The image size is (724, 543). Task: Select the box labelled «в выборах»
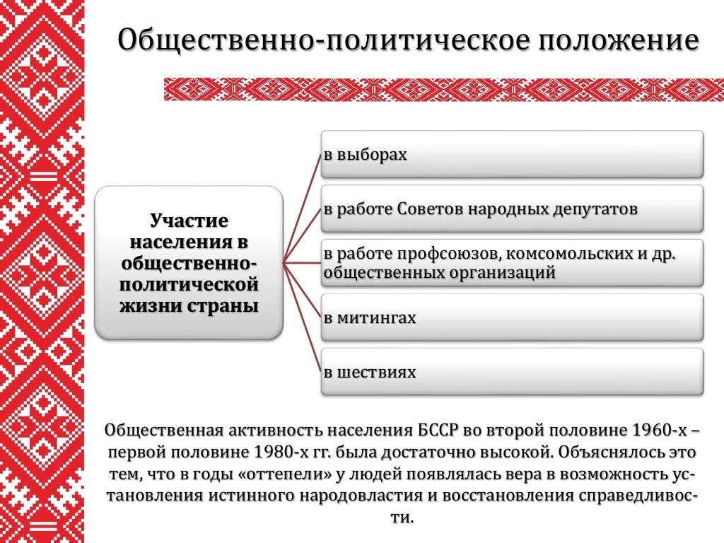[x=512, y=153]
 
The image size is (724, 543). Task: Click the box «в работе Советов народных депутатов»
[x=512, y=209]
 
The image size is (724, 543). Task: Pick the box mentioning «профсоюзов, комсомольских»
[x=512, y=263]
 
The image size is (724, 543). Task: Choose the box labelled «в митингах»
[x=512, y=317]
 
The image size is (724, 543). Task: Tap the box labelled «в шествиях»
[x=512, y=372]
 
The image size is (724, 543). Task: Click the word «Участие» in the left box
[x=189, y=221]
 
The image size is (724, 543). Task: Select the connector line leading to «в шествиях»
[x=303, y=317]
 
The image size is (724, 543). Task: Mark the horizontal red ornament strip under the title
[x=443, y=90]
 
